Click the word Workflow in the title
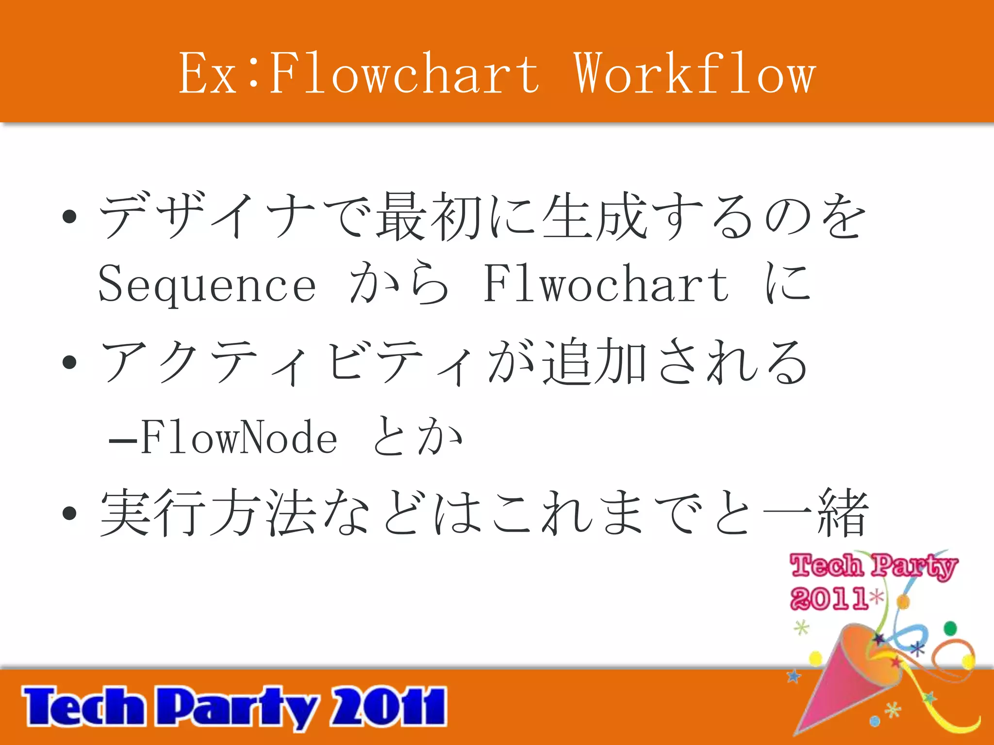pos(695,74)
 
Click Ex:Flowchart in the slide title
pos(359,74)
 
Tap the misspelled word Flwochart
pos(606,284)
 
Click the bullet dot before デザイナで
pos(70,216)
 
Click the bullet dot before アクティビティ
pos(70,362)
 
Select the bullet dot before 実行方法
pos(70,513)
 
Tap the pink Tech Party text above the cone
pos(874,567)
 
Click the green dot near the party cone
pos(950,629)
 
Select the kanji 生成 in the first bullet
pos(595,216)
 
